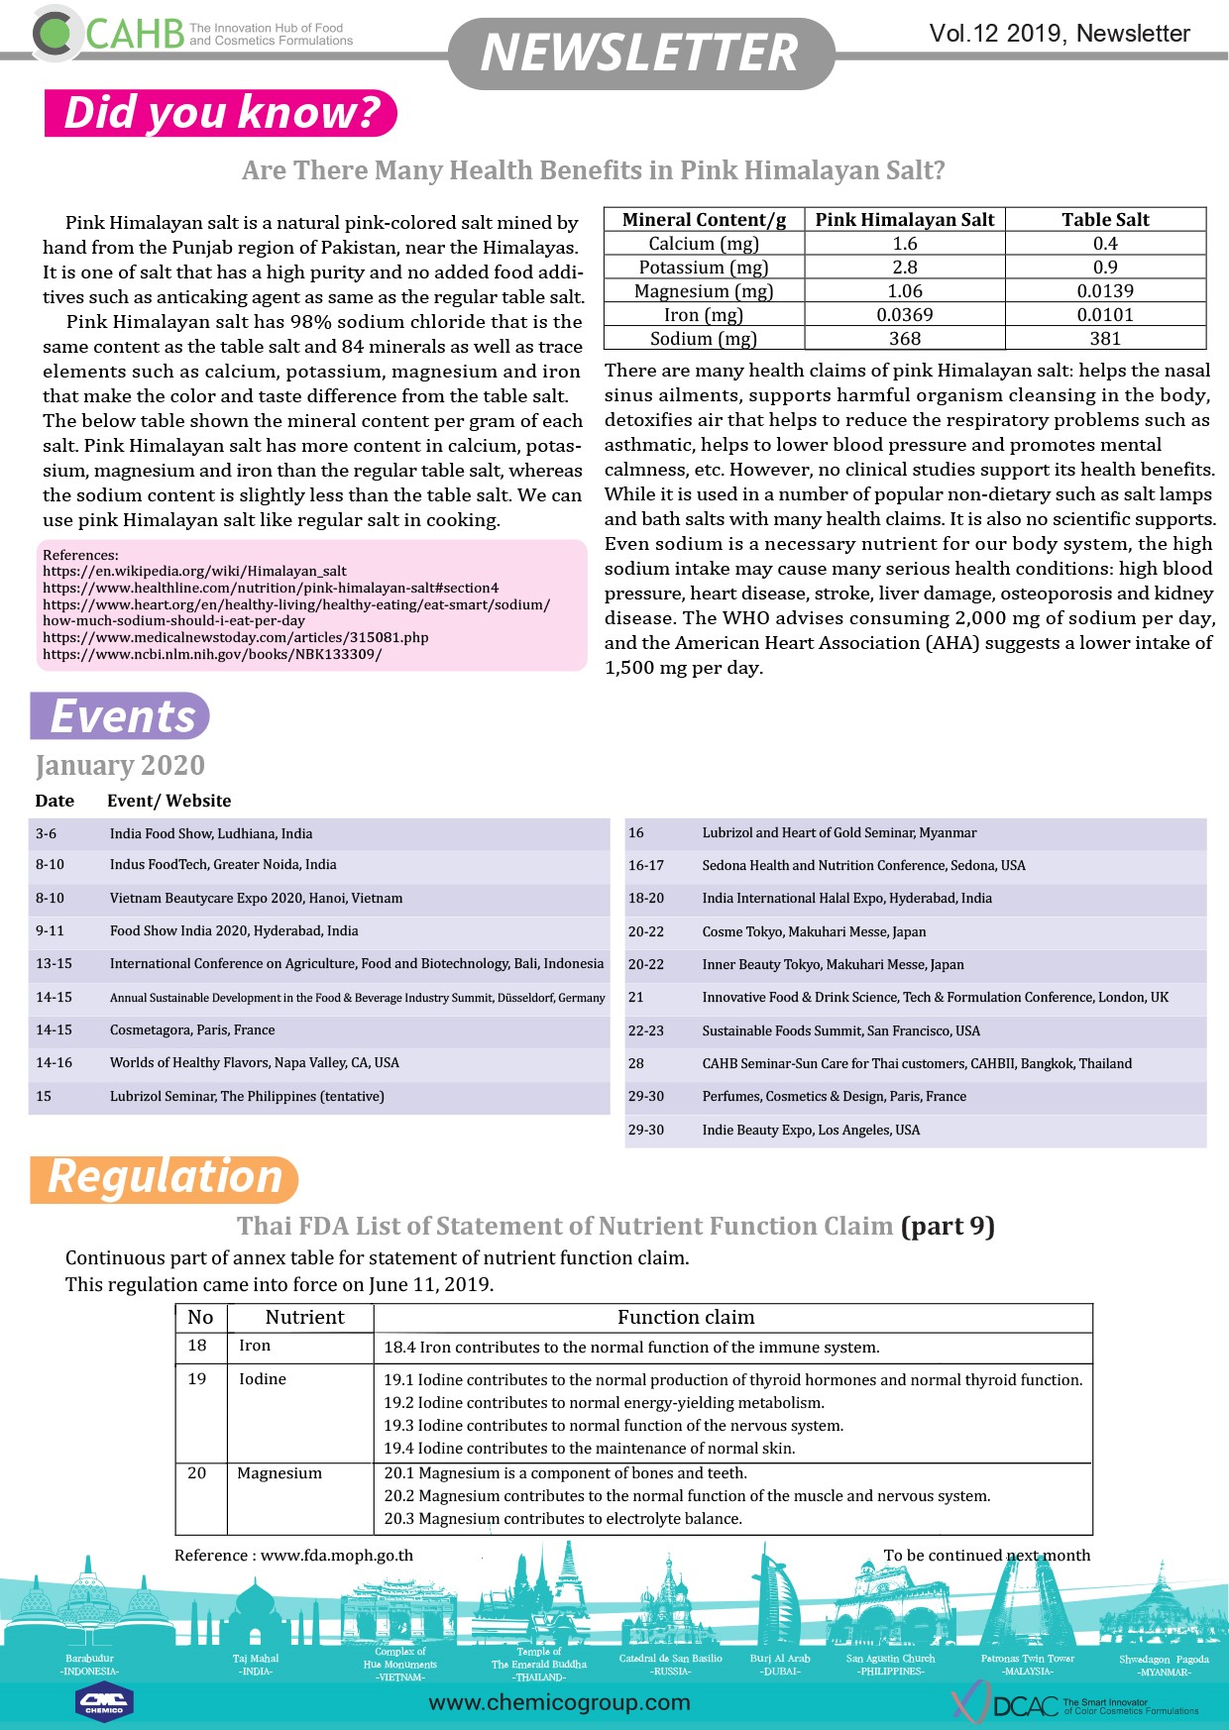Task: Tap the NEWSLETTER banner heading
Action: (639, 53)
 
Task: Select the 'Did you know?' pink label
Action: (221, 113)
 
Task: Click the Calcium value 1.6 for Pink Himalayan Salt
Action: (904, 244)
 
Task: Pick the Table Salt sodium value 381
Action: (1105, 339)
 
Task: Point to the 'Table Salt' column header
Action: (1105, 220)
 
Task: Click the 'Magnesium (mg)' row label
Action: (704, 291)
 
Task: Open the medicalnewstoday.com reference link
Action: (236, 637)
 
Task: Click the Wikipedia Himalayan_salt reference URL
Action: (194, 571)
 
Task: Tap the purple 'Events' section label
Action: (121, 716)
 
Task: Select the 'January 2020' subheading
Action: (120, 766)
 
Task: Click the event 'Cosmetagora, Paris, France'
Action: (192, 1030)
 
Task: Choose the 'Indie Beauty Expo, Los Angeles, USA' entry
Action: (811, 1131)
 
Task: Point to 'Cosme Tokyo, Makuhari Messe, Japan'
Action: (814, 932)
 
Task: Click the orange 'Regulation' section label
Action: (165, 1178)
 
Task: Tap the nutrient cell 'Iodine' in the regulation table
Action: (263, 1379)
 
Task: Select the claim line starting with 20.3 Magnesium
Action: (563, 1519)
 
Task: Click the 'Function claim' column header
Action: (686, 1318)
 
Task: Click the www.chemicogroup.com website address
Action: (559, 1702)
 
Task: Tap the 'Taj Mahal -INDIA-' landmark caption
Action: (256, 1665)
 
